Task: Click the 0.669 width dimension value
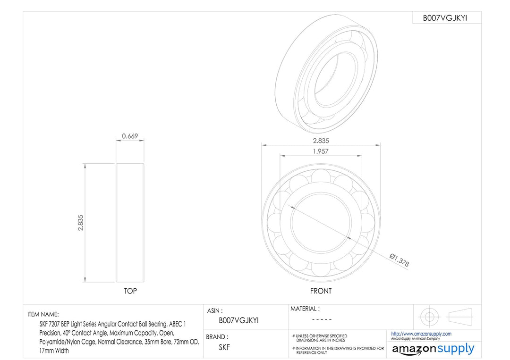pos(130,136)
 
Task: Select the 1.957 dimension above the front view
pos(321,151)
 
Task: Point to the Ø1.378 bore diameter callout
pos(399,260)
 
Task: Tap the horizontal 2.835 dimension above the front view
pos(321,141)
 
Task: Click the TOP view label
pos(130,291)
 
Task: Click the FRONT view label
pos(321,291)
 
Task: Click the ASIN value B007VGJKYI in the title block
pos(238,320)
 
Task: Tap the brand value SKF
pos(224,347)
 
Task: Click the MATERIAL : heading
pos(305,309)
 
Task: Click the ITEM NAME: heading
pos(43,314)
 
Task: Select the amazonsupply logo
pos(433,349)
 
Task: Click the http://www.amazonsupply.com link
pos(421,334)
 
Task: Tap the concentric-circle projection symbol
pos(428,316)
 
